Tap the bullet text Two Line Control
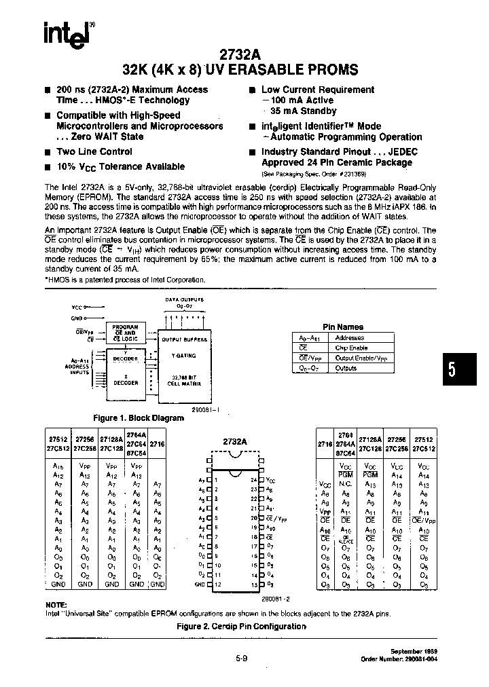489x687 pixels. click(x=94, y=152)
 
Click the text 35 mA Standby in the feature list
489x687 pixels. click(x=303, y=111)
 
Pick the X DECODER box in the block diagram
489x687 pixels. click(x=126, y=380)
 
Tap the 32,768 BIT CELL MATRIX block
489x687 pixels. click(x=183, y=381)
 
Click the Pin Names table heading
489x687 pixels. click(x=342, y=327)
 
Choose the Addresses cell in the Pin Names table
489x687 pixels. click(x=350, y=337)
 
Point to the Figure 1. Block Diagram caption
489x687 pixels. click(x=138, y=418)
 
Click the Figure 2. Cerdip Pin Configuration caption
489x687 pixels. click(x=241, y=626)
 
